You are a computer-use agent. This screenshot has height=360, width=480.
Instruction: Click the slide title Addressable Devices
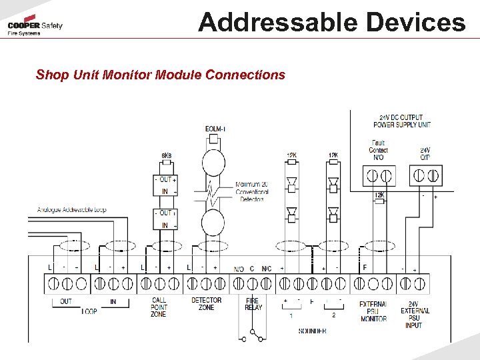pyautogui.click(x=331, y=22)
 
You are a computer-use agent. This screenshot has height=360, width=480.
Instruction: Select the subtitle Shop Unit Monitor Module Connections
pyautogui.click(x=160, y=75)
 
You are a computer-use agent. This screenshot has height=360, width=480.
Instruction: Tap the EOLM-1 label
pyautogui.click(x=215, y=129)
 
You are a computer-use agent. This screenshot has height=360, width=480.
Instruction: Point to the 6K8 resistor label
pyautogui.click(x=166, y=156)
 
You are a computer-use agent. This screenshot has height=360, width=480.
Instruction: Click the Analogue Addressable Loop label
pyautogui.click(x=71, y=210)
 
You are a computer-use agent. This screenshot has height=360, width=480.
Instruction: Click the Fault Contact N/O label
pyautogui.click(x=378, y=150)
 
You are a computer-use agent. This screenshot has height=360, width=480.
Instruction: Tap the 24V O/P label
pyautogui.click(x=425, y=153)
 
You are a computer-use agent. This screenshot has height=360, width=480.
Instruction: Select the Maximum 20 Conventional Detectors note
pyautogui.click(x=252, y=191)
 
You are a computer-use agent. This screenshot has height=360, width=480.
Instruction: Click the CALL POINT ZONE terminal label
pyautogui.click(x=159, y=307)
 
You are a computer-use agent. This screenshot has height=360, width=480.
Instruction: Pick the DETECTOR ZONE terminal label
pyautogui.click(x=207, y=304)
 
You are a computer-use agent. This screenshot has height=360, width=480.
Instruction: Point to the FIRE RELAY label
pyautogui.click(x=253, y=304)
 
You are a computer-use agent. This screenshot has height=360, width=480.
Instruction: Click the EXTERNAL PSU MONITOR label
pyautogui.click(x=373, y=311)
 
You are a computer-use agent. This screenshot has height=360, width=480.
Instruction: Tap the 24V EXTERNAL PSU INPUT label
pyautogui.click(x=415, y=315)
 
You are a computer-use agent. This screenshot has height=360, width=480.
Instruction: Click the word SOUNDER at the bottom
pyautogui.click(x=312, y=331)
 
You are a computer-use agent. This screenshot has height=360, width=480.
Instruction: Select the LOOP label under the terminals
pyautogui.click(x=89, y=311)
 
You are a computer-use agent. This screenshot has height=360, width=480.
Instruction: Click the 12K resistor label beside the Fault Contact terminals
pyautogui.click(x=379, y=195)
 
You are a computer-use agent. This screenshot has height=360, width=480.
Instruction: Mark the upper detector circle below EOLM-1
pyautogui.click(x=215, y=163)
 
